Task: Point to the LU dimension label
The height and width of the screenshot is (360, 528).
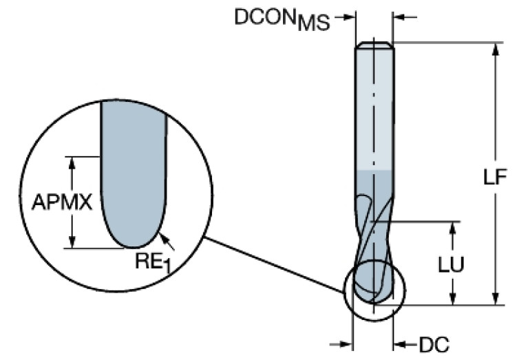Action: coord(452,264)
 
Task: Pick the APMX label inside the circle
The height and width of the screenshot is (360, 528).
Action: coord(62,202)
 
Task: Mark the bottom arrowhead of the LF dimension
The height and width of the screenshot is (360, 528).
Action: coord(495,298)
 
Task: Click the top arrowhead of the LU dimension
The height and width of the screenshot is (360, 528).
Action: coord(452,227)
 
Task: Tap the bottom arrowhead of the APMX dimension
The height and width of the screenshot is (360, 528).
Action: coord(70,242)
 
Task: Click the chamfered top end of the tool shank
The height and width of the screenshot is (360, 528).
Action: coord(374,45)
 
